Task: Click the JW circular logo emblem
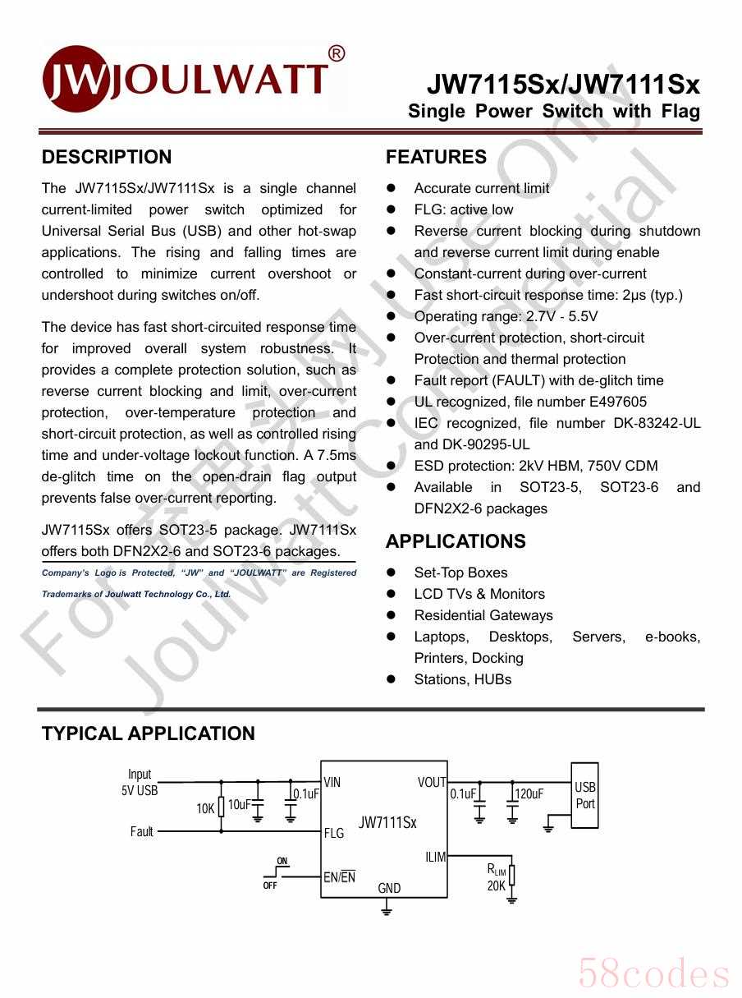click(75, 79)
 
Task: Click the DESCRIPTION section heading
click(107, 157)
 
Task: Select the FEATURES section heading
click(436, 157)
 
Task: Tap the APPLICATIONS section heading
click(456, 541)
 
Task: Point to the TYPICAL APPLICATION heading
click(148, 734)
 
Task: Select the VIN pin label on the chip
click(332, 782)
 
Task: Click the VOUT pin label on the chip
click(432, 782)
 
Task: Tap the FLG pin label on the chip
click(334, 833)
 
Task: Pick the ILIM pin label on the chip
click(435, 857)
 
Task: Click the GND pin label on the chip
click(389, 888)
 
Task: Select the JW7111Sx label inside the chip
click(387, 822)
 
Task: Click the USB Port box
click(584, 795)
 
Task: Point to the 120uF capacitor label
click(529, 793)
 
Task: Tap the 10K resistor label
click(205, 808)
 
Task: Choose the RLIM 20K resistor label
click(497, 878)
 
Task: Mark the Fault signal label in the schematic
click(142, 831)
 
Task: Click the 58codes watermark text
click(653, 974)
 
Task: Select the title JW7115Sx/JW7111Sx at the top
click(562, 85)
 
